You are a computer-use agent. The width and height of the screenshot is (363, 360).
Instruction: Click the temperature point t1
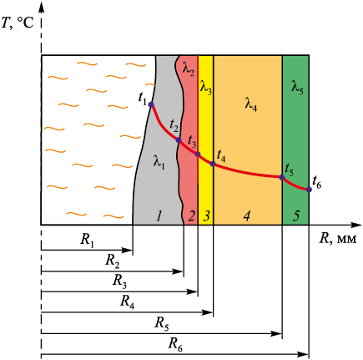click(x=151, y=104)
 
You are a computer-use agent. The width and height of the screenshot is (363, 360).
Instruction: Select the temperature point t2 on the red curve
click(x=179, y=140)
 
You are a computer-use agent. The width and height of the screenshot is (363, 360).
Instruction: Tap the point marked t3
click(x=198, y=155)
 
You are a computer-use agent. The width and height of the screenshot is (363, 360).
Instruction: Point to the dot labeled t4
click(x=213, y=164)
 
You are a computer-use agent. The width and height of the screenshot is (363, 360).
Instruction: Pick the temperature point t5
click(x=282, y=177)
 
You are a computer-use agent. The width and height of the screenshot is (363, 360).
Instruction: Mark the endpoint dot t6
click(x=309, y=190)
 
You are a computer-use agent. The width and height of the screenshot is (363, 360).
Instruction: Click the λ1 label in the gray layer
click(x=159, y=162)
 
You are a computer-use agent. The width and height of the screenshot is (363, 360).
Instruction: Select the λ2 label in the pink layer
click(x=189, y=69)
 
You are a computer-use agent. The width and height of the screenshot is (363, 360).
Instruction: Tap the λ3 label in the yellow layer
click(x=206, y=88)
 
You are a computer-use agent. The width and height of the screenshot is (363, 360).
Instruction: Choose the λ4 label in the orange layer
click(x=251, y=104)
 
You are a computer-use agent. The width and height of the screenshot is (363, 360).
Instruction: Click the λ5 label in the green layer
click(x=297, y=88)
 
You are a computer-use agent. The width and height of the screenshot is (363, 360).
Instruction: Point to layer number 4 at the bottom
click(x=247, y=215)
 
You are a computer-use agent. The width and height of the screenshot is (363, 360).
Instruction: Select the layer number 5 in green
click(x=296, y=215)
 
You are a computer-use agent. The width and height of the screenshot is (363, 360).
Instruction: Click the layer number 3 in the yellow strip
click(x=206, y=215)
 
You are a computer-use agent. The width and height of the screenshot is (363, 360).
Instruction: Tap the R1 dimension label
click(x=87, y=240)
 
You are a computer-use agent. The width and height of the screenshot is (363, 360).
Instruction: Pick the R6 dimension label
click(x=175, y=344)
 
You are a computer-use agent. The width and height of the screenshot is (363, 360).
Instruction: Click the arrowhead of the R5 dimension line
click(x=278, y=333)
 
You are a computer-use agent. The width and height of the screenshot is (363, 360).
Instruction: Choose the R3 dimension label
click(x=119, y=281)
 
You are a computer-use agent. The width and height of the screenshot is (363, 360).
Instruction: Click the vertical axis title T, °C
click(x=18, y=23)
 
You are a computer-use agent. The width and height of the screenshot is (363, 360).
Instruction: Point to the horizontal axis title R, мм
click(x=338, y=239)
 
